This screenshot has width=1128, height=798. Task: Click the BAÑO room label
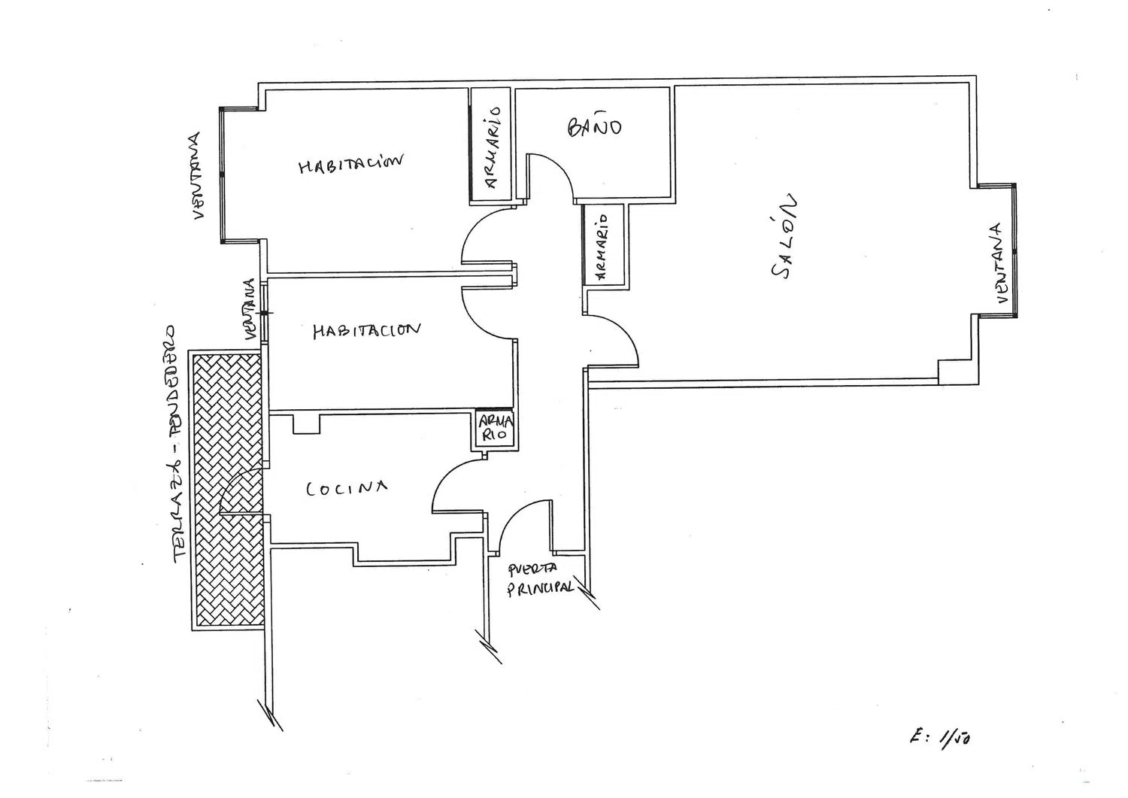[594, 126]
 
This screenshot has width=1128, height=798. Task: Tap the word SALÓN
[784, 238]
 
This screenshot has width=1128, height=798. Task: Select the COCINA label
[346, 489]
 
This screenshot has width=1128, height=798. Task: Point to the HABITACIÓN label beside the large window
[351, 163]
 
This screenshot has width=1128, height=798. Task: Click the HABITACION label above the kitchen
[366, 330]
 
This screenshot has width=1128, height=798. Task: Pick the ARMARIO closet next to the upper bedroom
[491, 145]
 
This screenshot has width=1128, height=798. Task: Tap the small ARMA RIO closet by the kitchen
[496, 429]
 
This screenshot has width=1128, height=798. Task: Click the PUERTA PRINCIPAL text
[541, 579]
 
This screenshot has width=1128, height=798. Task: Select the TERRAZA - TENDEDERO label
[175, 444]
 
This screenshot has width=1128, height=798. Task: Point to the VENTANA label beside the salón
[997, 263]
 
